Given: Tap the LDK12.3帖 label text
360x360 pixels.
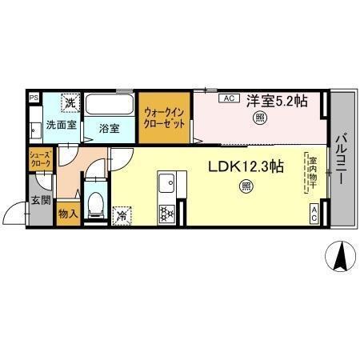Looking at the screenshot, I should tap(246, 166).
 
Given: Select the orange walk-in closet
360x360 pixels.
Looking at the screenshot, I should tap(166, 120).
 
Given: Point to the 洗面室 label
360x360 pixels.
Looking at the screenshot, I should tap(60, 126).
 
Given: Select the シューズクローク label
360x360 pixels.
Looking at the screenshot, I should tap(42, 158).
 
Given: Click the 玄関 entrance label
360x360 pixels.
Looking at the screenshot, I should tap(40, 199).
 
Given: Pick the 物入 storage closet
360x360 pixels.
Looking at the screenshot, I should tap(68, 214).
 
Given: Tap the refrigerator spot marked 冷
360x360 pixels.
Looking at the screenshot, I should tap(123, 214).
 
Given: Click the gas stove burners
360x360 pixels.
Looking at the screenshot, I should tap(166, 213).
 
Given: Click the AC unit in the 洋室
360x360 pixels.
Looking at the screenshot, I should tap(227, 98).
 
